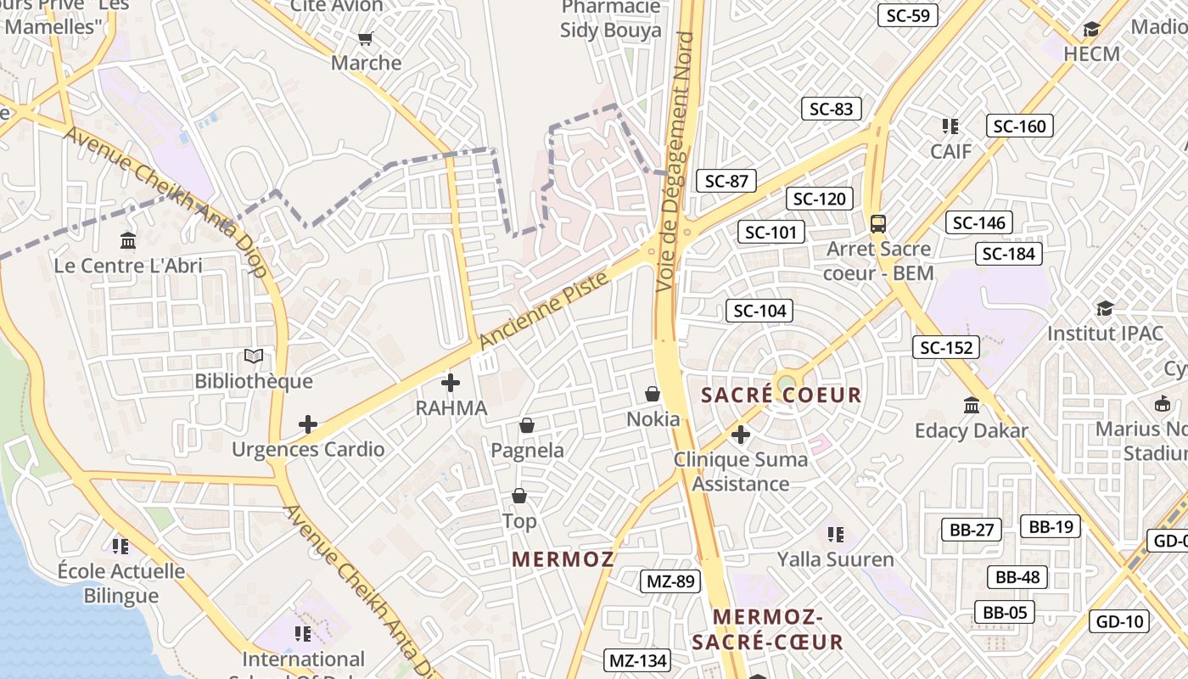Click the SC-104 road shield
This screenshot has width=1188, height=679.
tap(759, 311)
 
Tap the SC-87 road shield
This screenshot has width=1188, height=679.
tap(726, 180)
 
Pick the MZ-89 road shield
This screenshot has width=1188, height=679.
tap(670, 581)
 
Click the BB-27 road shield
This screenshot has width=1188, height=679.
tap(972, 530)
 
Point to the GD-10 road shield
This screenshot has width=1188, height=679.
tap(1120, 621)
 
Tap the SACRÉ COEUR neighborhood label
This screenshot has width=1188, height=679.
tap(782, 395)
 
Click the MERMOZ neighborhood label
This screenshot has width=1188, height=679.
tap(563, 558)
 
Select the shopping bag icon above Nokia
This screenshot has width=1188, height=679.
tap(653, 394)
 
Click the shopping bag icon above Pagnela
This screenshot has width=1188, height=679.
tap(527, 424)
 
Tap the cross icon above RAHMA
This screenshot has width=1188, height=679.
tap(451, 383)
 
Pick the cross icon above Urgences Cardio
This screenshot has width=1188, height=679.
tap(308, 424)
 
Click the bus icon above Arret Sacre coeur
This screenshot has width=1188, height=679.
tap(878, 224)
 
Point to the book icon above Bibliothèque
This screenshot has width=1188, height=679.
tap(254, 356)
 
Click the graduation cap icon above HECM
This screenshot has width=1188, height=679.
tap(1092, 30)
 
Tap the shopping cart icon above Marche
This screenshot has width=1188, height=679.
tap(366, 38)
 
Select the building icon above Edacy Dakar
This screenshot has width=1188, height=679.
tap(972, 405)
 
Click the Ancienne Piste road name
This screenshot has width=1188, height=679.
tap(544, 311)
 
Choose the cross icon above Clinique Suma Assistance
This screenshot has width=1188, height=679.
tap(741, 435)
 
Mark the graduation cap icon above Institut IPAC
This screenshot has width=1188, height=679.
tap(1105, 307)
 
